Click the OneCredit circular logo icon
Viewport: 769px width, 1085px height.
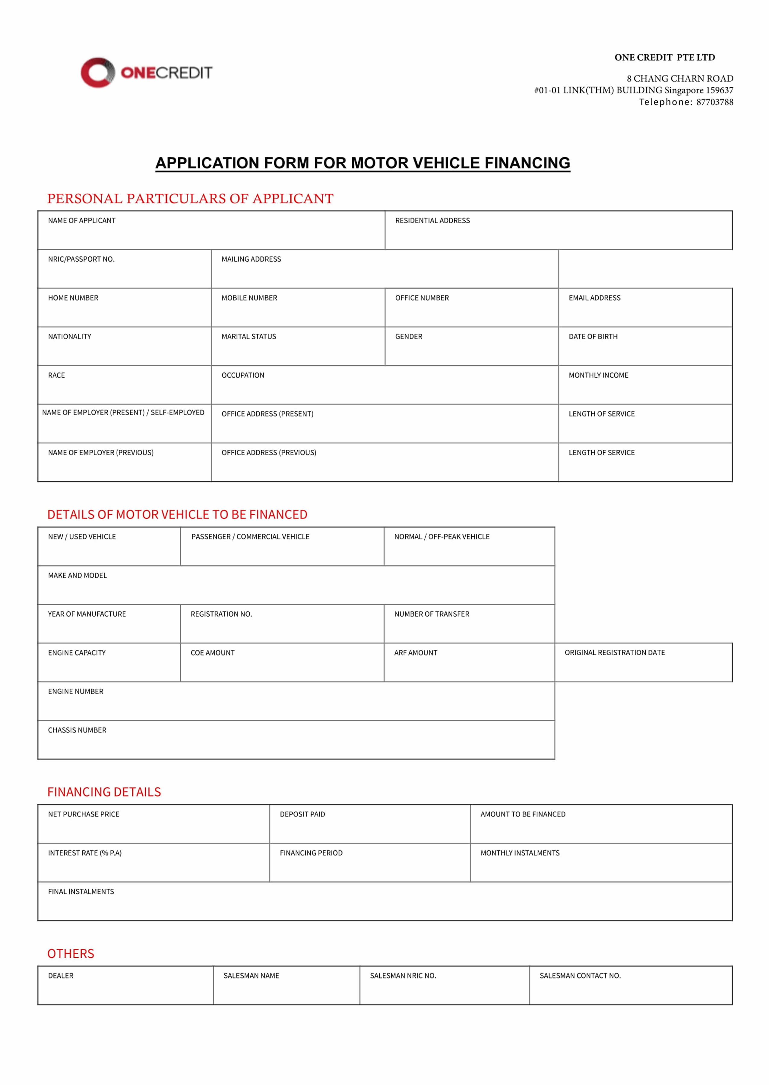pos(97,72)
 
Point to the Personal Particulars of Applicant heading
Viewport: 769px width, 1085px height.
pos(190,198)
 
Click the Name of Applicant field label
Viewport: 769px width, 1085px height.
pos(81,221)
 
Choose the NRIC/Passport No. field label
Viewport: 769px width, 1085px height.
pos(81,259)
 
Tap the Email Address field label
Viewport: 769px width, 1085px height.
pos(594,298)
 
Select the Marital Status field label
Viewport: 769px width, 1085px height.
pos(248,336)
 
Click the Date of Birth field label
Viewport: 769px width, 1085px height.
pos(593,336)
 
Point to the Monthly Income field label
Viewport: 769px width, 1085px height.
pos(598,375)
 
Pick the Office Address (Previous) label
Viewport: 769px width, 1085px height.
pos(268,453)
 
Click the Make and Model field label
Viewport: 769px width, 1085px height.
pos(77,575)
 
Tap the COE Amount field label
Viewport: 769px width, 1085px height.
pos(212,653)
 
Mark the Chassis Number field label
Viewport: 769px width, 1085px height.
pos(77,730)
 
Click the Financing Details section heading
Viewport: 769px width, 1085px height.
pos(104,792)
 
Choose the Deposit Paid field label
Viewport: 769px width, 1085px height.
pos(302,814)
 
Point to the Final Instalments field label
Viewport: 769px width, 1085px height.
pos(81,892)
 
